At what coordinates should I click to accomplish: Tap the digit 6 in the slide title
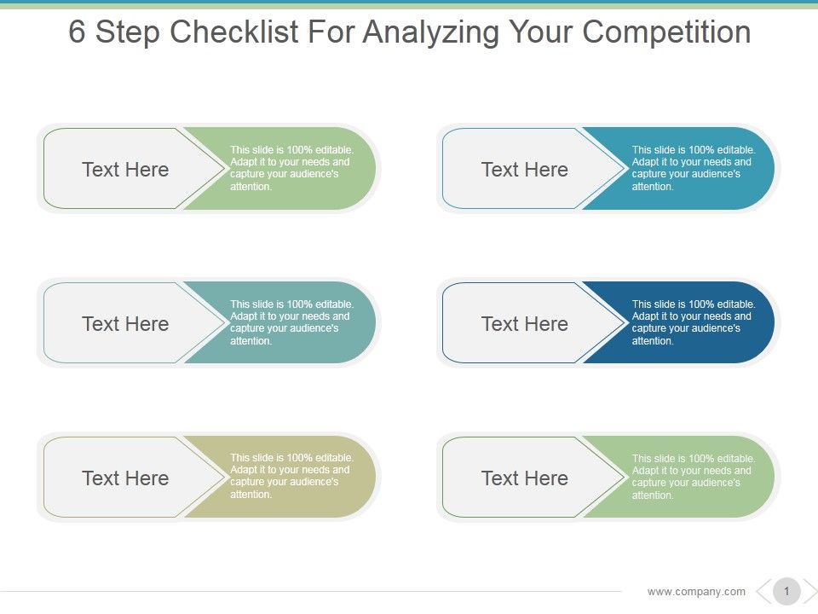point(78,33)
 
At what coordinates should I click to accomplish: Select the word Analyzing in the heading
point(430,33)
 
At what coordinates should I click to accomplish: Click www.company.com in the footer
point(696,591)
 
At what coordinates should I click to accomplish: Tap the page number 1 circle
point(786,591)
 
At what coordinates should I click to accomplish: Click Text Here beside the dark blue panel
point(524,324)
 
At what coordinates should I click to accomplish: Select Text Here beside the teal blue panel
point(524,170)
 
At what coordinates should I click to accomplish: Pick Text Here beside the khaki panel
point(125,478)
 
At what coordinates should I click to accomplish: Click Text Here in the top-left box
point(125,170)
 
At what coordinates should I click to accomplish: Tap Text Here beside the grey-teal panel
point(125,324)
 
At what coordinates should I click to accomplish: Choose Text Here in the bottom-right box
point(524,478)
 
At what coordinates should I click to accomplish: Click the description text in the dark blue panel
point(693,322)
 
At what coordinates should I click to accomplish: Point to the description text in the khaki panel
point(291,477)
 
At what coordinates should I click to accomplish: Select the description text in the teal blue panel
point(693,168)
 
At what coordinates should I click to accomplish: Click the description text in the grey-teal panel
point(291,322)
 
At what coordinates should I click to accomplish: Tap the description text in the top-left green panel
point(291,168)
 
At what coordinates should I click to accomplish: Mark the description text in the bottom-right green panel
point(693,477)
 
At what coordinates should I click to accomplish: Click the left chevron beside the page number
point(763,591)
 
